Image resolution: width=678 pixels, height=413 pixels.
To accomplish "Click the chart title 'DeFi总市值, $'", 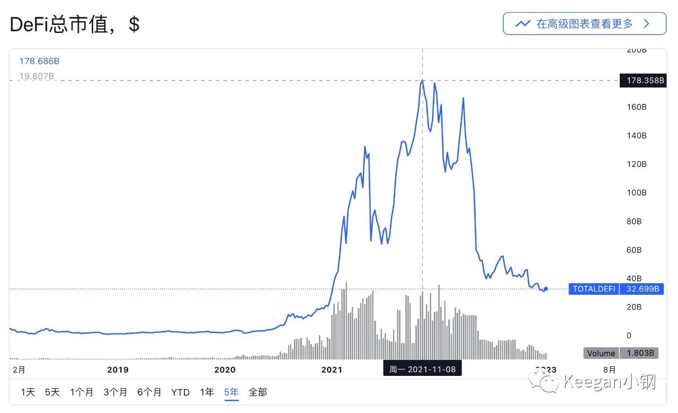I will [x=75, y=25].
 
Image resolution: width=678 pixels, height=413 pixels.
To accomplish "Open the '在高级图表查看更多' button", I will [x=584, y=24].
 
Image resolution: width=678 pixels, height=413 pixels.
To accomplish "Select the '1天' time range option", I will [x=28, y=392].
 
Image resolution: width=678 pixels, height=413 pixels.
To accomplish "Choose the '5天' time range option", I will [x=52, y=392].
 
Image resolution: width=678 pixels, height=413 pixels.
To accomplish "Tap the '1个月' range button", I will [x=82, y=392].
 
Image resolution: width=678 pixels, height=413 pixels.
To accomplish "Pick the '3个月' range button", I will [x=115, y=392].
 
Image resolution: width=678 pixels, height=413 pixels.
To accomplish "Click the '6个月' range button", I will [x=149, y=392].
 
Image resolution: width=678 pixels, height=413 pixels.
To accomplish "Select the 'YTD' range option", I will [x=181, y=392].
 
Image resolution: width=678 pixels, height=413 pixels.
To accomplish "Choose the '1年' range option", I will [x=207, y=392].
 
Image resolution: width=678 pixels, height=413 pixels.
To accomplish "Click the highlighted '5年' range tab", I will [x=231, y=392].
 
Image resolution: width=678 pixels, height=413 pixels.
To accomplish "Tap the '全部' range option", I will [x=258, y=392].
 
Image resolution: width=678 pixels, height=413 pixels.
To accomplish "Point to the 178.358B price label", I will [x=642, y=81].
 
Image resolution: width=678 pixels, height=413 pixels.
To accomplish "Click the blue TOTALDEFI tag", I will [x=594, y=289].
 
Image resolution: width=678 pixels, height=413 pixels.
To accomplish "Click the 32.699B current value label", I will [x=642, y=289].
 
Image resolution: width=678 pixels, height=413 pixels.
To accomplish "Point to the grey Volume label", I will [x=601, y=353].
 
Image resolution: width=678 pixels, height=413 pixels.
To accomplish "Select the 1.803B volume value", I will [x=639, y=353].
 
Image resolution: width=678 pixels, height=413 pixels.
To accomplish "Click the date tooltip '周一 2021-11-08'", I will [x=422, y=369].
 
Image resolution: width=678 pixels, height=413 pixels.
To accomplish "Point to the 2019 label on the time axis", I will [x=118, y=370].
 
